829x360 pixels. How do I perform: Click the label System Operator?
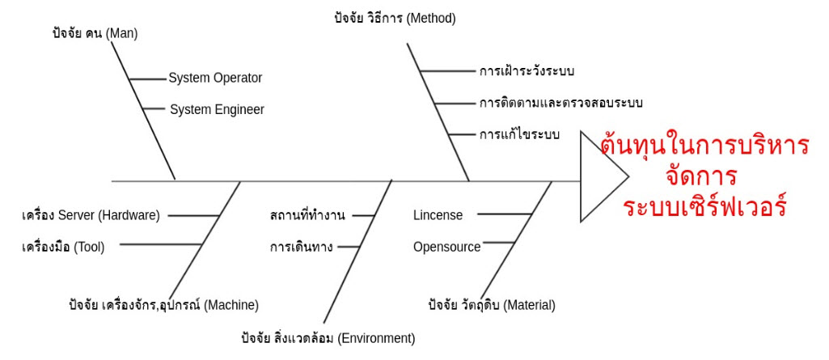(215, 78)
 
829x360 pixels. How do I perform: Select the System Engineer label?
(217, 109)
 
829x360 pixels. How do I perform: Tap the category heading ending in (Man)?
(94, 34)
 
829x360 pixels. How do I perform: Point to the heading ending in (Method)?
(395, 18)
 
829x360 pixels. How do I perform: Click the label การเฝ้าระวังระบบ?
(527, 71)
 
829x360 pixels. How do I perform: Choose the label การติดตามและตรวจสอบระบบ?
(560, 103)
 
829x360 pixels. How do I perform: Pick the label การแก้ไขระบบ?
(519, 134)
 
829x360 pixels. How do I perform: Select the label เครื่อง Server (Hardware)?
(91, 215)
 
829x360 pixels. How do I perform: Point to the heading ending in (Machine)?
(163, 305)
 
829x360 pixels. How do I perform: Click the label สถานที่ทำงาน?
(307, 215)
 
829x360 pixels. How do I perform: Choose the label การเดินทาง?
(302, 246)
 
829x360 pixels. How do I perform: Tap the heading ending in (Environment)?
(328, 337)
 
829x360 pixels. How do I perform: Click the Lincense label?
(438, 215)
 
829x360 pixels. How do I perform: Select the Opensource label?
(446, 246)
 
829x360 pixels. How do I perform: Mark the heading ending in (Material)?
(491, 305)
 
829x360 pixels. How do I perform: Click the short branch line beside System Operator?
(146, 78)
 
